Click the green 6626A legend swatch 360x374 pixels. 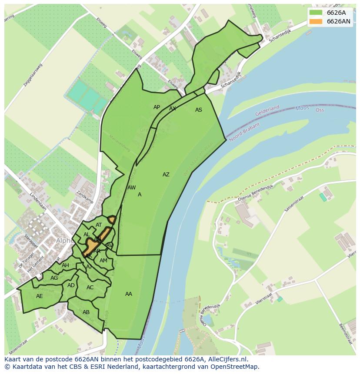pos(316,13)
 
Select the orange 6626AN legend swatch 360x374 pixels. pos(316,21)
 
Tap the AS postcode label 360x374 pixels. pos(199,110)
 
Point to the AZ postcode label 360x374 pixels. pos(166,175)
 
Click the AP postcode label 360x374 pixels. pos(157,107)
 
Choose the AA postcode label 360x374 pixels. pos(129,294)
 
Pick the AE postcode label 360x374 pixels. pos(40,296)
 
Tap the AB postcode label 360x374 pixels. pos(86,312)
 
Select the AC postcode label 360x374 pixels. pos(90,288)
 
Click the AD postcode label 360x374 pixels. pos(71,285)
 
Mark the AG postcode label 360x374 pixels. pos(54,278)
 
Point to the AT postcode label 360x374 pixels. pos(99,225)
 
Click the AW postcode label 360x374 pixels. pos(131,188)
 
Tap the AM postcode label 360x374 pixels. pos(103,261)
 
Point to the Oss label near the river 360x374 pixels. pos(320,110)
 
